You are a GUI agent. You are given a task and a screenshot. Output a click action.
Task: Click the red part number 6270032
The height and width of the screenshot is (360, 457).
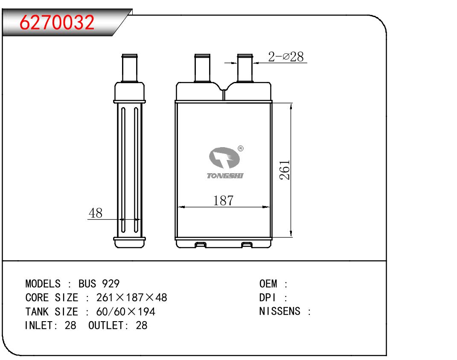coord(57,22)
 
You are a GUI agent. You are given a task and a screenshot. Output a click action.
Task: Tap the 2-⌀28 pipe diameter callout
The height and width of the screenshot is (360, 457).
coord(285,56)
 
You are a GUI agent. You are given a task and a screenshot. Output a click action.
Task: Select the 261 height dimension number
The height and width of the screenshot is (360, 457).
coord(285,170)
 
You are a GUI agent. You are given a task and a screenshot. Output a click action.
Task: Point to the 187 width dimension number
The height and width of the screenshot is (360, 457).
coord(223,200)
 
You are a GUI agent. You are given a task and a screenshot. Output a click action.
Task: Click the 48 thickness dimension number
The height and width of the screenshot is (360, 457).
coord(96,213)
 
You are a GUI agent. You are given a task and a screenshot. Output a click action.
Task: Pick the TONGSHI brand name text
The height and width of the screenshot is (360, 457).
coord(225,176)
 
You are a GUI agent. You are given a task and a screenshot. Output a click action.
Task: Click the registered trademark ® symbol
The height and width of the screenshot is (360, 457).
coord(241,148)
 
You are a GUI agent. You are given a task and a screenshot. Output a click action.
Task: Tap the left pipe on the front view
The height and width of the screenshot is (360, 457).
coord(202,68)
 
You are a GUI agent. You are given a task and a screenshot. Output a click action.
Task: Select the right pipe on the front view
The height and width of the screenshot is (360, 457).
coord(245,68)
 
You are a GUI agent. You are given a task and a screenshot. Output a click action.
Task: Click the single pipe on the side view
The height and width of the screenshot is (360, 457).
coord(129,68)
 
